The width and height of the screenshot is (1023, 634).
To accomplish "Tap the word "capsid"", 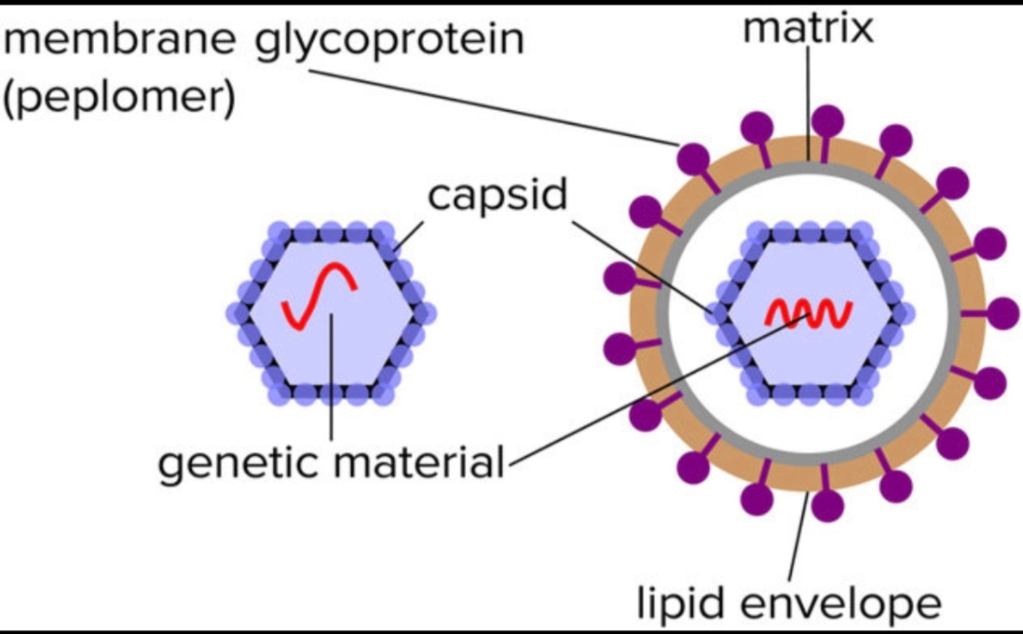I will (x=498, y=197).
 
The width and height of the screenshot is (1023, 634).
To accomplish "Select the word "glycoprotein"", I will (x=389, y=42).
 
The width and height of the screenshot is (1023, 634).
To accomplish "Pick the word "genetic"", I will (x=237, y=463).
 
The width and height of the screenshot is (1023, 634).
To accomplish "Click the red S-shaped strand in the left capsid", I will (x=321, y=296).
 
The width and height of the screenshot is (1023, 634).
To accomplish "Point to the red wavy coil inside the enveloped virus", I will (x=807, y=315).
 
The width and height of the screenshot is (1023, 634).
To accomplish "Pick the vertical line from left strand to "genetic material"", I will (x=331, y=382).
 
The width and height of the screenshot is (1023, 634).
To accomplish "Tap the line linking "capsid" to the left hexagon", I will (x=409, y=234).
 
